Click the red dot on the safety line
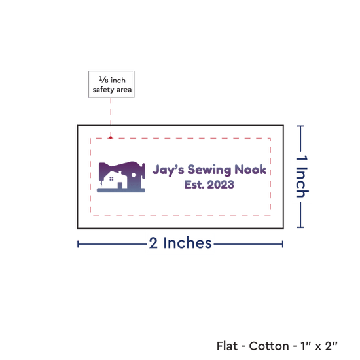[111, 137]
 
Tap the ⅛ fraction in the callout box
[103, 80]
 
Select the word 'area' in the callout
[124, 90]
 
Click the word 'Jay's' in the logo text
[168, 170]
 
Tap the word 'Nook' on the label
[250, 170]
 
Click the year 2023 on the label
[221, 185]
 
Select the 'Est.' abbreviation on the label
[194, 185]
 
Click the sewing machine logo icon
[121, 177]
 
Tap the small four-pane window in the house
[111, 179]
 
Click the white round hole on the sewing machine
[134, 175]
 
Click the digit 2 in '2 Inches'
[153, 243]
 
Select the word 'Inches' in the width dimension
[187, 243]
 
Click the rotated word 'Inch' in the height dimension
[302, 183]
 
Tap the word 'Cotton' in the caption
[269, 346]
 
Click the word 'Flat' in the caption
[227, 346]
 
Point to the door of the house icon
[120, 185]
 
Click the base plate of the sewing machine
[121, 190]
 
